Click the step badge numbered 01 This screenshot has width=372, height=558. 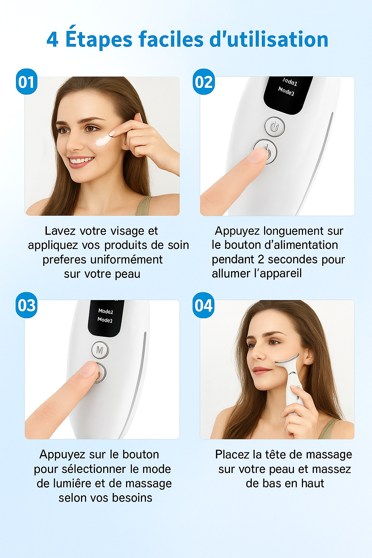coord(27,81)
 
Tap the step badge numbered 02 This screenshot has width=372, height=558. coord(203,81)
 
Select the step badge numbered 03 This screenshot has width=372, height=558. coord(27,305)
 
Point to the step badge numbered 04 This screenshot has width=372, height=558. coord(203,305)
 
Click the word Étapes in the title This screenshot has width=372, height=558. coord(99,38)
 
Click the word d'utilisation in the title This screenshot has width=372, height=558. coord(269,39)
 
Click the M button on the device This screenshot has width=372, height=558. coord(100,350)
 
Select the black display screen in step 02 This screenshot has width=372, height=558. coord(288,95)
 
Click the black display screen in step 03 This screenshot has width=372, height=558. coord(106,318)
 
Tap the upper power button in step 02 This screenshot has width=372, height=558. coord(275,127)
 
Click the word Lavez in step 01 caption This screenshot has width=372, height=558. coord(60,231)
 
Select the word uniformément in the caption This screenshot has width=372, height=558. coord(126,260)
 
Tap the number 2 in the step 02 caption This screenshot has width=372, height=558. coord(261,260)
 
